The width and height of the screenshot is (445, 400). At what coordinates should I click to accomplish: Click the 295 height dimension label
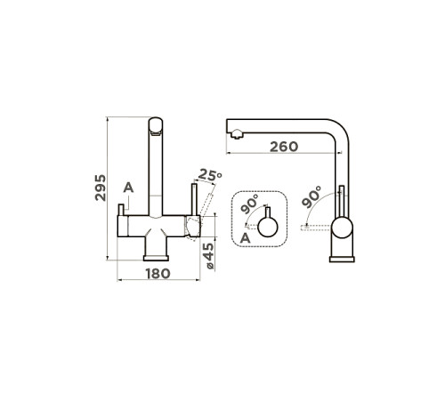tap(101, 188)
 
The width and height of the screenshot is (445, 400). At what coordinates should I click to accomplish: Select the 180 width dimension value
tap(158, 274)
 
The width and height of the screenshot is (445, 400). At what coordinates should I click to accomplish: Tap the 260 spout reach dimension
tap(284, 147)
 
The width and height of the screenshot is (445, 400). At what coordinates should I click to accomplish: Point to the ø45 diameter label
tap(209, 256)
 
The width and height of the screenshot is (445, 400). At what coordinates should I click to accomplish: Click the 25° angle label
tap(210, 175)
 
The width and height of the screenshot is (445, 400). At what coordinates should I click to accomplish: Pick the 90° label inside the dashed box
tap(249, 204)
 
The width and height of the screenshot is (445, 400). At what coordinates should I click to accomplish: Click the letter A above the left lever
tap(128, 188)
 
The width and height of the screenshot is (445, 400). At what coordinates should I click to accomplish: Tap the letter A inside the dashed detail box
tap(245, 238)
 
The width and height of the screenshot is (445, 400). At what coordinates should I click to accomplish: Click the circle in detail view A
tap(268, 228)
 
